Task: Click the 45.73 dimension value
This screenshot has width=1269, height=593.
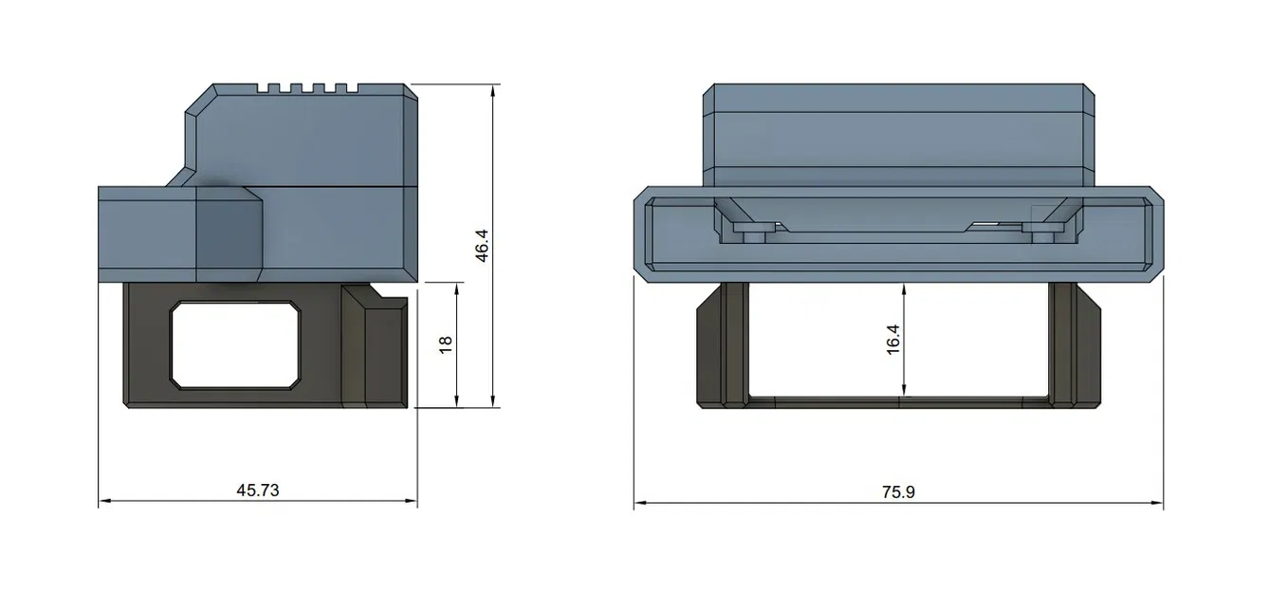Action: click(x=258, y=491)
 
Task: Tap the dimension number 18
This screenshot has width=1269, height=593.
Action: click(x=447, y=343)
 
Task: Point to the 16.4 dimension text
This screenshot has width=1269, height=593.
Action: click(x=892, y=340)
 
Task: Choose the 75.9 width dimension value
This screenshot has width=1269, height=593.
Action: click(x=897, y=492)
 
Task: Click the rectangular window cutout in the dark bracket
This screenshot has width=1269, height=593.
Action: click(x=235, y=345)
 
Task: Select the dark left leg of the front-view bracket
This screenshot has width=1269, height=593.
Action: click(x=721, y=346)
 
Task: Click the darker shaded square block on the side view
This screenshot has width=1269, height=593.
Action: click(x=228, y=232)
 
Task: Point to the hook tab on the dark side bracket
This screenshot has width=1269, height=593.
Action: click(x=388, y=306)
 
